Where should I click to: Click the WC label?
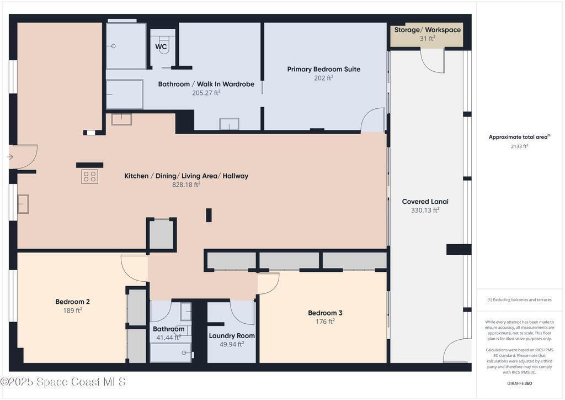pos(161,46)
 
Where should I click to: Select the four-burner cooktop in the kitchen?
pos(89,177)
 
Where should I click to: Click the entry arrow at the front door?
pos(10,157)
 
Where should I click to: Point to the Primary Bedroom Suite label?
pos(323,69)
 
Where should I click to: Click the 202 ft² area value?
pos(323,78)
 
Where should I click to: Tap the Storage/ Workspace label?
pos(428,30)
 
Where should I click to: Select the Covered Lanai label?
pos(425,202)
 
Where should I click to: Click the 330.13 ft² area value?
pos(425,210)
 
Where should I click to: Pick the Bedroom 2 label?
pos(72,302)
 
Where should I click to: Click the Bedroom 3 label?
pos(325,313)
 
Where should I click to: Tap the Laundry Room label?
pos(232,336)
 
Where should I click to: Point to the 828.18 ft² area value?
pos(186,185)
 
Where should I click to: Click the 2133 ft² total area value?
pos(519,146)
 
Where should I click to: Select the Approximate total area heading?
pos(519,137)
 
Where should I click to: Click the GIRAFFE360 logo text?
pos(519,383)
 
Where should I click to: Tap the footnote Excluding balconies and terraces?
pos(519,300)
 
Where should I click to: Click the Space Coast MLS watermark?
pos(63,382)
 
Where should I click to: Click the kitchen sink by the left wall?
pos(23,204)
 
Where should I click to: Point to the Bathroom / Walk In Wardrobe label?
pos(206,84)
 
